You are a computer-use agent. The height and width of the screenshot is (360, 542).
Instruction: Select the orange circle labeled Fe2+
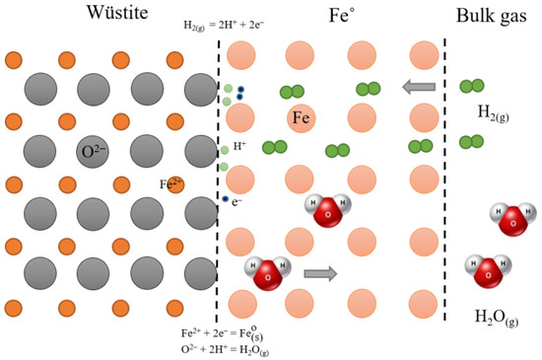(176, 184)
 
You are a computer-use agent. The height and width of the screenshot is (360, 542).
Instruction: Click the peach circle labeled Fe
(302, 118)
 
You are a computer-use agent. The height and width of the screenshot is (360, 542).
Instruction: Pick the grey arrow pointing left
(419, 88)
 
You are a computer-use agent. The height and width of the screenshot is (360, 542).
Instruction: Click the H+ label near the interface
(240, 148)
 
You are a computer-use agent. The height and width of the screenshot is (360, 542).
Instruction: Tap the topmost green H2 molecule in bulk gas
(472, 87)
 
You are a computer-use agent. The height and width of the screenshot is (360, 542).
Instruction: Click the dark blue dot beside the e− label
(226, 200)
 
